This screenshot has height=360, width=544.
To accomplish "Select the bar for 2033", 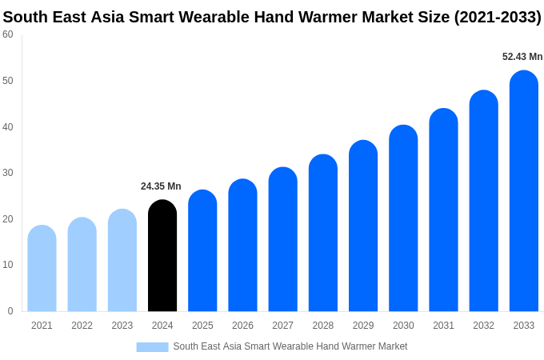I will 523,192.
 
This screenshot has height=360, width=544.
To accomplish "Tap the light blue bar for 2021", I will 42,269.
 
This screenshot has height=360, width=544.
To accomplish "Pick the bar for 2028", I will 323,234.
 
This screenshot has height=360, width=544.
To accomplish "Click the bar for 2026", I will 242,246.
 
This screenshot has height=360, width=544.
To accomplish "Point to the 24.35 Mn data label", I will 161,186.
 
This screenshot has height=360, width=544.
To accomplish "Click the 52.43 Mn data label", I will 522,57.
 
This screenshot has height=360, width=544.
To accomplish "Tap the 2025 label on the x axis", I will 202,326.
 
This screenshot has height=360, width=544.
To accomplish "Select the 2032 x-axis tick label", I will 483,326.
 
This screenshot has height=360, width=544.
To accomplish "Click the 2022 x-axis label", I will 82,326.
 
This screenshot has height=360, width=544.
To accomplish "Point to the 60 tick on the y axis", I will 8,34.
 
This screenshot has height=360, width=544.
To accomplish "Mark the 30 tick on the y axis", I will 8,173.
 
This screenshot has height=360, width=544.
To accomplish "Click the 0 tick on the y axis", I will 10,311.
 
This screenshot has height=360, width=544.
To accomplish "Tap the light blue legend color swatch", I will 152,347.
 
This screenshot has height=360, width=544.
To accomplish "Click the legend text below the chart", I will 290,346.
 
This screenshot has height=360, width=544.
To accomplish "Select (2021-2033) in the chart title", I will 498,17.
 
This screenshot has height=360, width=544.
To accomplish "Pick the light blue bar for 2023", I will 122,261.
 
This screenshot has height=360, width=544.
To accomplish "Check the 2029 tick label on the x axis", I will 363,326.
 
